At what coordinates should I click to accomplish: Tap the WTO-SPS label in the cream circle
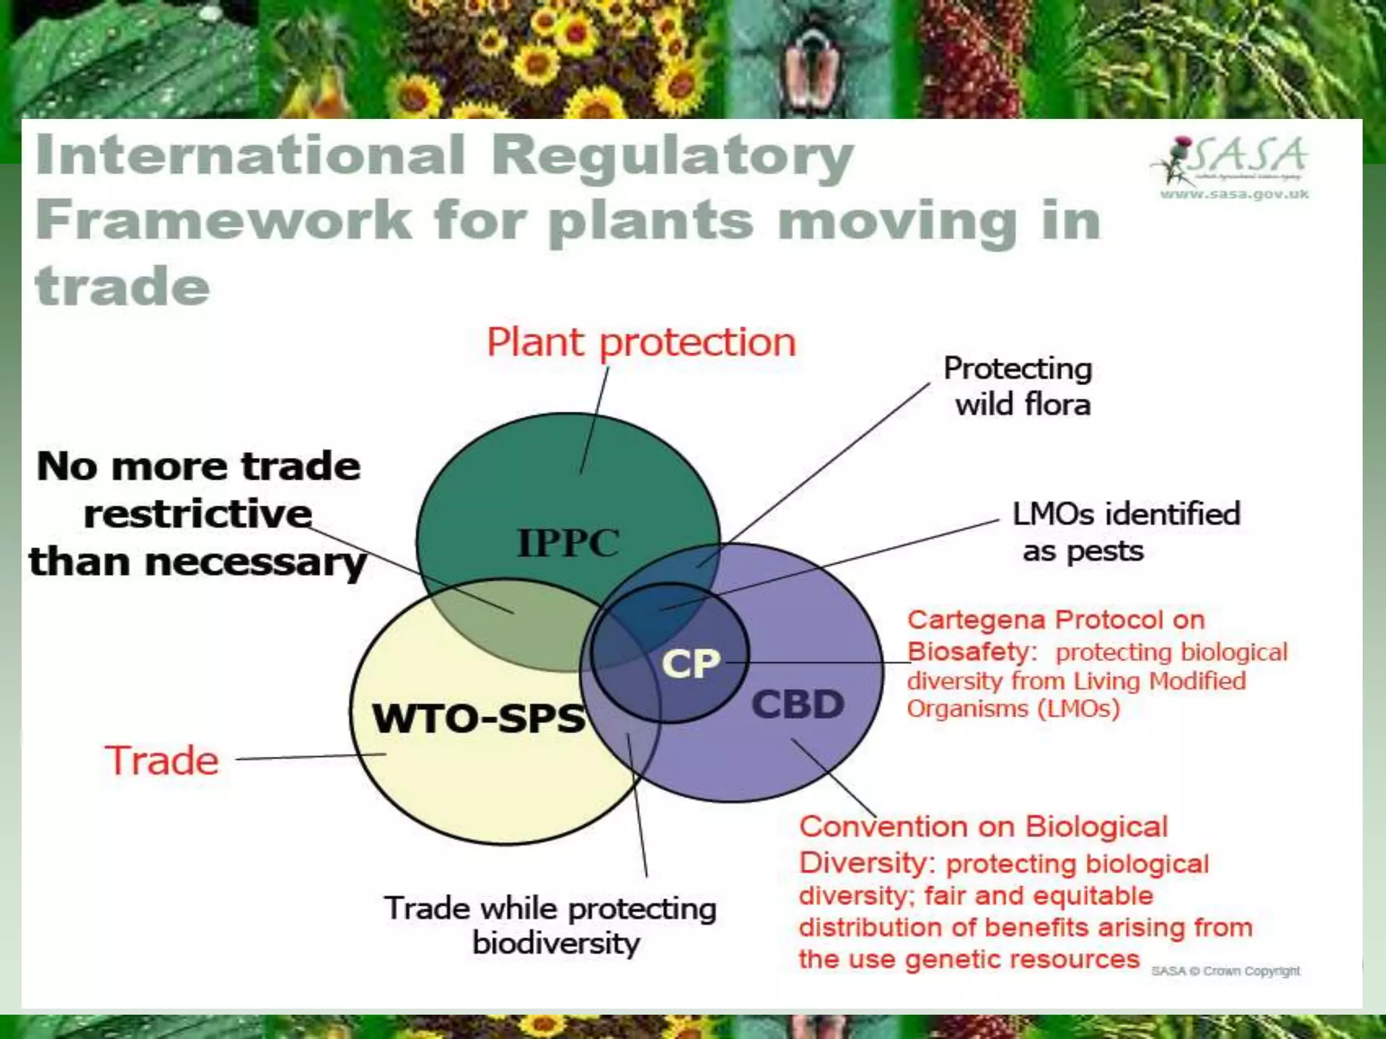tap(478, 718)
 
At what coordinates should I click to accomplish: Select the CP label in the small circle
tap(690, 664)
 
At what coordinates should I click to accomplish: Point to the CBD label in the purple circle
tap(797, 704)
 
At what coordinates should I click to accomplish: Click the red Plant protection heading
tap(641, 342)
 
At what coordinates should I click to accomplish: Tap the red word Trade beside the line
tap(162, 760)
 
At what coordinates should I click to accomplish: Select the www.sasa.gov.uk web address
tap(1234, 195)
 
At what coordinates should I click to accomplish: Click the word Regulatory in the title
tap(671, 156)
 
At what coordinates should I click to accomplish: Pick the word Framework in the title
tap(223, 220)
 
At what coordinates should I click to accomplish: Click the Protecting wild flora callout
tap(1019, 386)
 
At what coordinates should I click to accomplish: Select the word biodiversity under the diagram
tap(556, 943)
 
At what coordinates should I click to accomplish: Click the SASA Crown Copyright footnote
tap(1226, 971)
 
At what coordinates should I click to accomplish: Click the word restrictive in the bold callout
tap(198, 514)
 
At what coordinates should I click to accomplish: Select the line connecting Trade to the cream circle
tap(311, 757)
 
